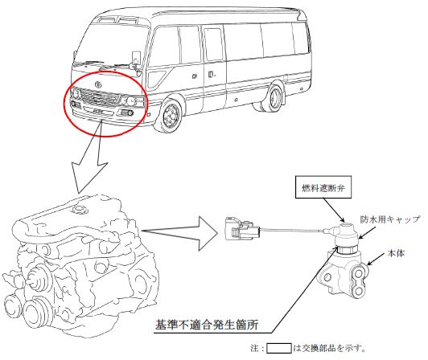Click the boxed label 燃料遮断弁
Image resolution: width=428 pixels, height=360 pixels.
pos(323,187)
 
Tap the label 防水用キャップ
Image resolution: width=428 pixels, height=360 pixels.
pos(389,219)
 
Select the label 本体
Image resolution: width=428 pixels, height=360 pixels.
pos(396,253)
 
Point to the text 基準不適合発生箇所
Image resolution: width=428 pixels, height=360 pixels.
pos(207,325)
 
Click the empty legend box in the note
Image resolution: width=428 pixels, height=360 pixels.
pos(278,348)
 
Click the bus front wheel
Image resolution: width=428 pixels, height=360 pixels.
pos(170,116)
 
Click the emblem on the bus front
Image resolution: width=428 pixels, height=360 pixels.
pos(98,84)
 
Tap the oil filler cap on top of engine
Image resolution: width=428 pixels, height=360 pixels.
pos(79,210)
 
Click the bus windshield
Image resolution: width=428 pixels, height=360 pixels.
pos(111,44)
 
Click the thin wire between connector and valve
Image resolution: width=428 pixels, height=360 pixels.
pos(291,230)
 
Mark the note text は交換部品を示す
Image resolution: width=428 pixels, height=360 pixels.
pos(330,348)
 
